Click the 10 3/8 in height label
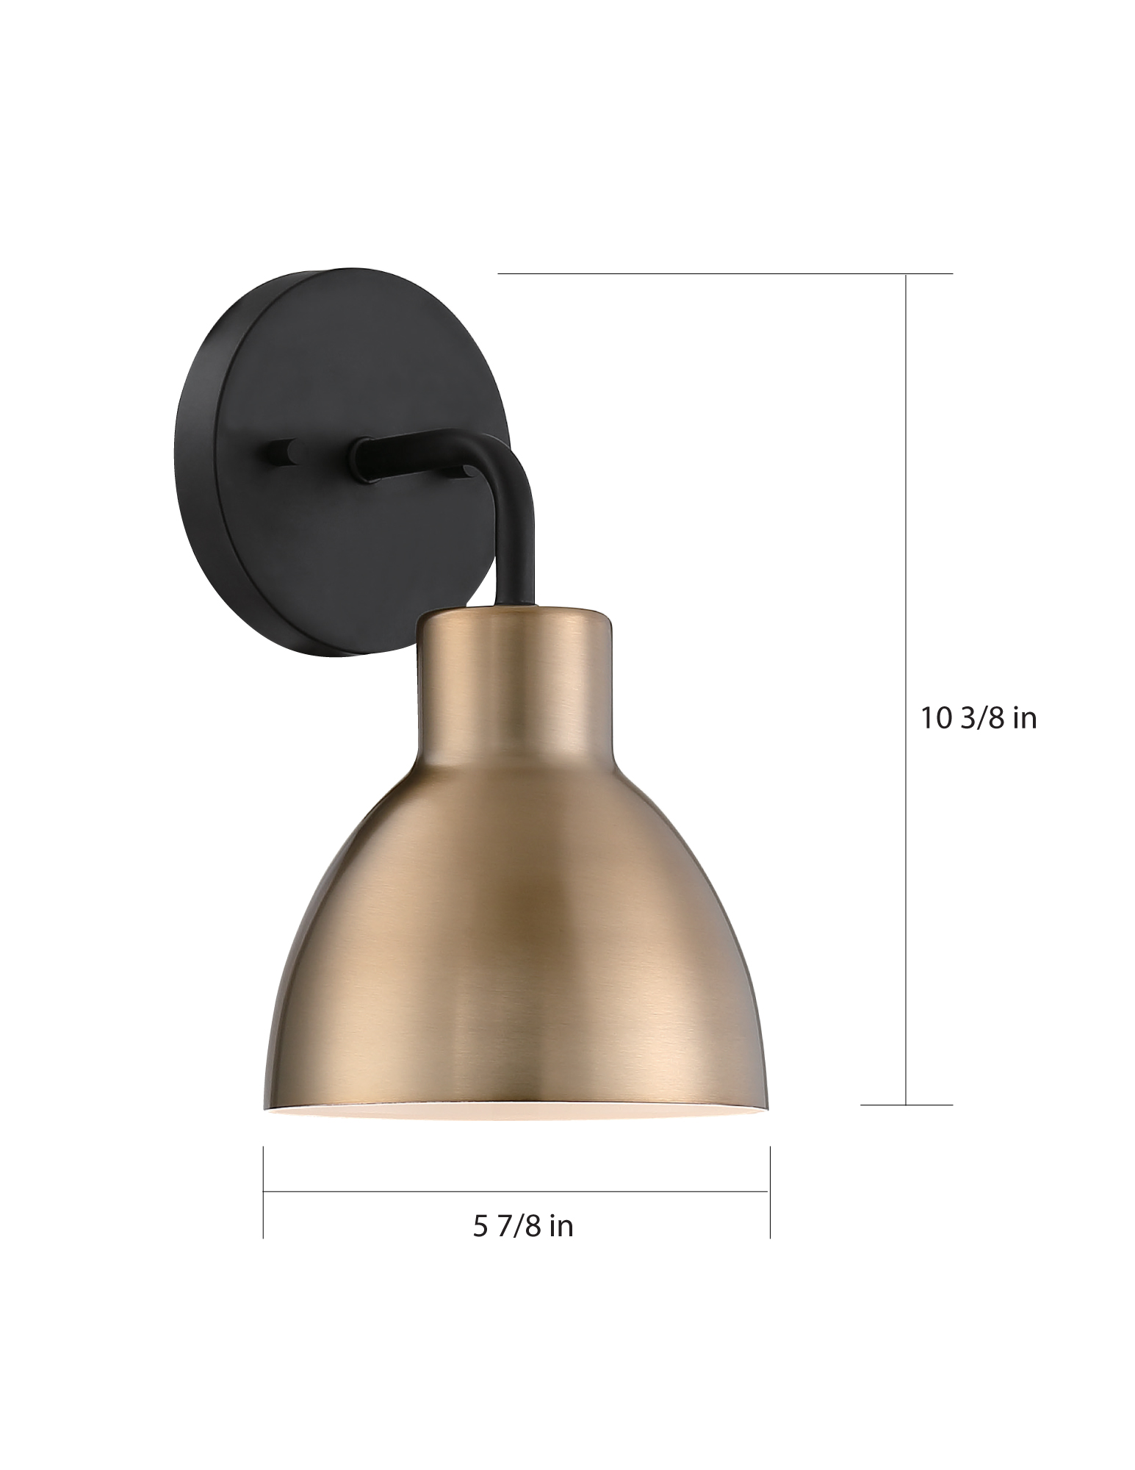[979, 718]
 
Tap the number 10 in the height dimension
[936, 718]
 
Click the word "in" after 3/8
[1025, 718]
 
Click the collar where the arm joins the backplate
[364, 459]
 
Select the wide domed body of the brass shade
[514, 955]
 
